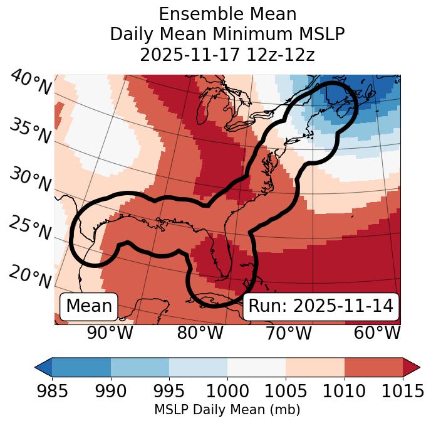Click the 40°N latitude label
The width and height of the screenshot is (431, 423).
coord(30,83)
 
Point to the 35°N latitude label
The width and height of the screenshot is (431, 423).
coord(30,131)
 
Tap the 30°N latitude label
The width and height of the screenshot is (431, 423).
coord(30,180)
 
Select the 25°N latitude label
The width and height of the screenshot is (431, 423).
coord(30,228)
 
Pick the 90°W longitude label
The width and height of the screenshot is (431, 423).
coord(110,333)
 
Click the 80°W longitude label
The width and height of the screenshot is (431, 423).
coord(200,333)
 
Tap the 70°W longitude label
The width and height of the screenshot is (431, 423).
coord(288,333)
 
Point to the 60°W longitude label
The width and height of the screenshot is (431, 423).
coord(376,333)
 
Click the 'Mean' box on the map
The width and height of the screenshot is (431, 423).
coord(89,306)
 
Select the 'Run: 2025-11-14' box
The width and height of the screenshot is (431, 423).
coord(321,306)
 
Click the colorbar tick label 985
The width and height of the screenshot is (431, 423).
coord(52,392)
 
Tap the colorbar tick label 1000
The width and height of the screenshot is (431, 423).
coord(227,392)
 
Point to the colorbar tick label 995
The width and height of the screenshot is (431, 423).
coord(169,392)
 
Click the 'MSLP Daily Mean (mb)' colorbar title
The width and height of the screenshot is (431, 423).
coord(227,410)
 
